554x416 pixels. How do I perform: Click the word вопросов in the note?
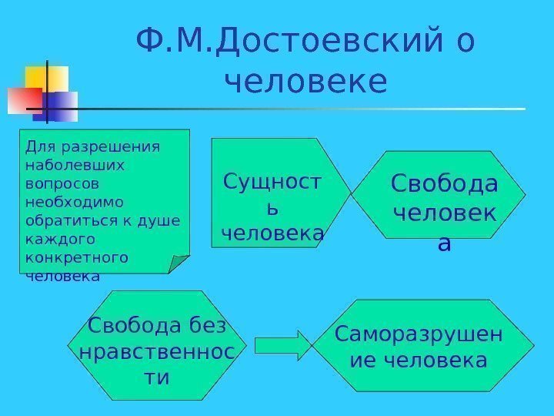pyautogui.click(x=57, y=183)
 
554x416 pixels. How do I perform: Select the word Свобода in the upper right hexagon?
pyautogui.click(x=444, y=184)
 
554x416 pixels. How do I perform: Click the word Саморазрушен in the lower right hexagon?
pyautogui.click(x=419, y=335)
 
